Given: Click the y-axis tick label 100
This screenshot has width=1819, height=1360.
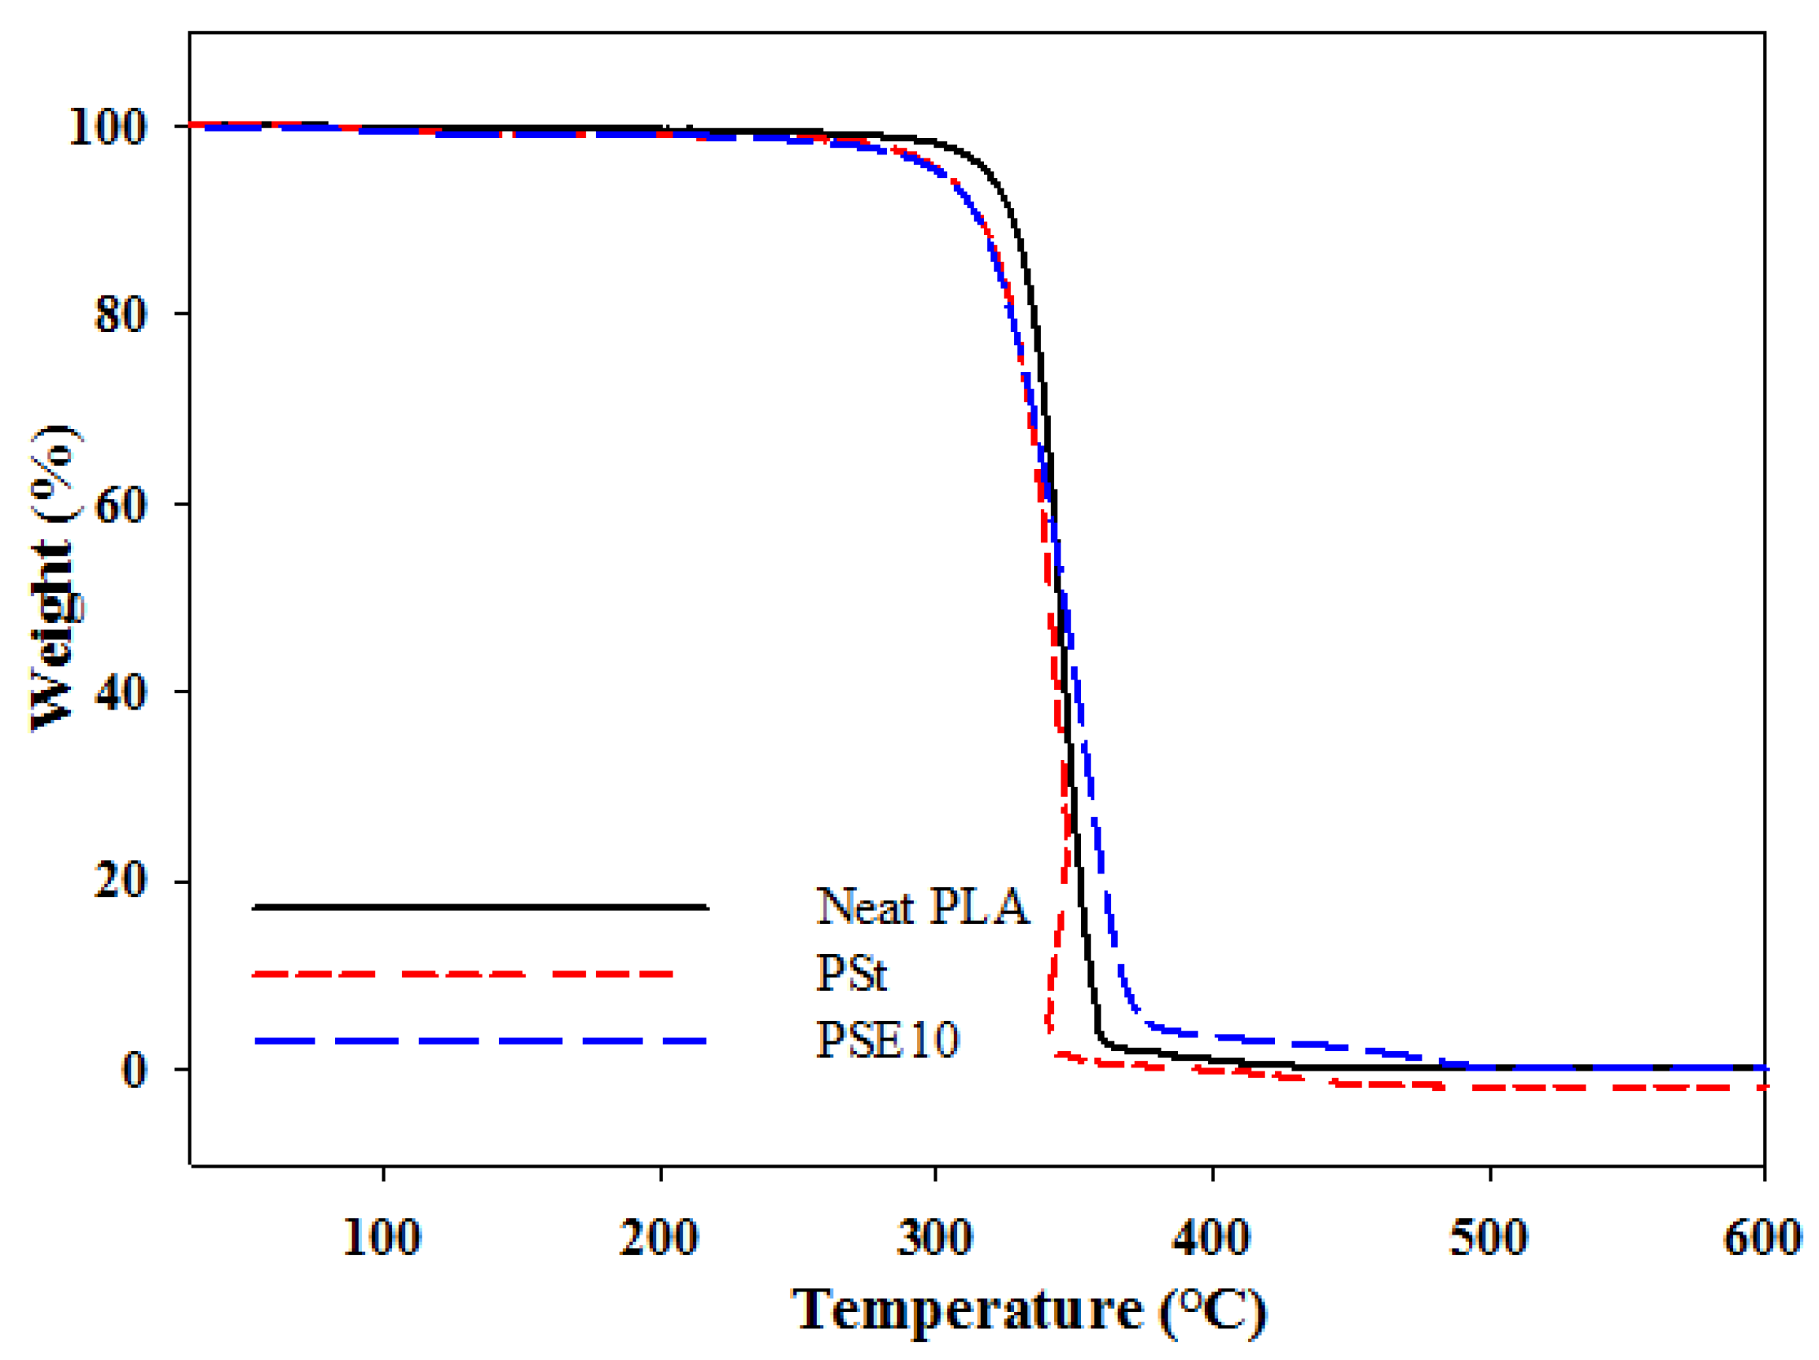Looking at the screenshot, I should click(x=107, y=129).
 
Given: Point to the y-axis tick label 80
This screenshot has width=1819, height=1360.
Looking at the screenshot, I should click(x=121, y=315).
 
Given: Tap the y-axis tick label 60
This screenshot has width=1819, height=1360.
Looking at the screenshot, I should click(x=121, y=505).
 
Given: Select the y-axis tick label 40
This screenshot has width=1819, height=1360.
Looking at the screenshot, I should click(x=121, y=692).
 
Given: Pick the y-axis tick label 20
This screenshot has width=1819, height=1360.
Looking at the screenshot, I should click(x=121, y=881).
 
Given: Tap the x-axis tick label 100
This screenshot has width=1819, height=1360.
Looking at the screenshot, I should click(x=382, y=1238).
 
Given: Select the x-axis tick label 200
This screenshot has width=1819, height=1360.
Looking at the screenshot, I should click(x=658, y=1238).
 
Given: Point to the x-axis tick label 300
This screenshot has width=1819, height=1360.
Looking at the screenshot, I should click(x=935, y=1238).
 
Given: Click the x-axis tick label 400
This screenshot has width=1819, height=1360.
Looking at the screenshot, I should click(x=1211, y=1238).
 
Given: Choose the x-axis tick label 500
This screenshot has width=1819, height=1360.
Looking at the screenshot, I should click(x=1489, y=1238).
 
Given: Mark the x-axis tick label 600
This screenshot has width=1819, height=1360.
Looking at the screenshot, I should click(x=1761, y=1238).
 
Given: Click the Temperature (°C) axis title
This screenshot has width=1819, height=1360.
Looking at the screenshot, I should click(x=1029, y=1310).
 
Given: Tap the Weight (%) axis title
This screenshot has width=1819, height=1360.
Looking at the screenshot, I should click(x=56, y=578).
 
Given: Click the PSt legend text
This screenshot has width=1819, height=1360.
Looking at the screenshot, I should click(x=851, y=974).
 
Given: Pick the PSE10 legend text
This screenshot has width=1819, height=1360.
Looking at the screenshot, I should click(x=887, y=1040).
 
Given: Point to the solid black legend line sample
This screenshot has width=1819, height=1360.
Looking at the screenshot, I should click(x=480, y=907).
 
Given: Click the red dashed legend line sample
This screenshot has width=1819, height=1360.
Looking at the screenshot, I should click(x=463, y=974).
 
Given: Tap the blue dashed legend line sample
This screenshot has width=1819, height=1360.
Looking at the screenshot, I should click(x=480, y=1041).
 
